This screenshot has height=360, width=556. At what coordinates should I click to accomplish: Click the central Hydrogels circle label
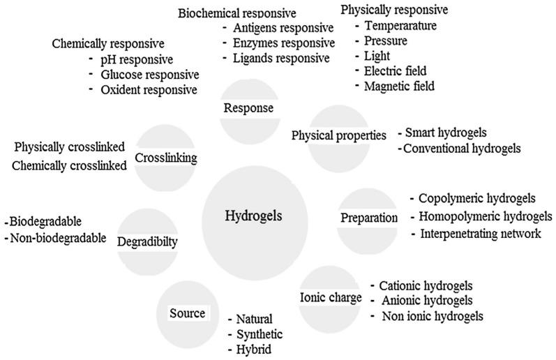tap(254, 216)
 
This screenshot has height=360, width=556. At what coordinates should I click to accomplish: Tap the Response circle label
tap(248, 108)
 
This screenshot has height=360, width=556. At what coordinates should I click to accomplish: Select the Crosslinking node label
tap(166, 158)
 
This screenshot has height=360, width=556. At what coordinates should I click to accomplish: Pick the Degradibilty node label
tap(148, 242)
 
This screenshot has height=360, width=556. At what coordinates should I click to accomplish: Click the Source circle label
tap(187, 313)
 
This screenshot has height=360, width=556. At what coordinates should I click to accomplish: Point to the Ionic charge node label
tap(331, 298)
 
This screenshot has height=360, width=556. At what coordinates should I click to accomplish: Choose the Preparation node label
tap(368, 218)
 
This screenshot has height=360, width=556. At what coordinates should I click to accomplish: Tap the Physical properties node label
tap(338, 135)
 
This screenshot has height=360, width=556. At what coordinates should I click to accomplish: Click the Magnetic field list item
tap(400, 87)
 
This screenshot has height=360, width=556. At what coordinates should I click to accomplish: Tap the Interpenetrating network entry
tap(480, 233)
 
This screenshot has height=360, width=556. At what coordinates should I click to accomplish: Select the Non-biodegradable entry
tap(55, 238)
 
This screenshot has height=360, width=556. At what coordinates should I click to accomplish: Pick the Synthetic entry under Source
tap(260, 334)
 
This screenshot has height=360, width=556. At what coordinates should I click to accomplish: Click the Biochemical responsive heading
tap(236, 13)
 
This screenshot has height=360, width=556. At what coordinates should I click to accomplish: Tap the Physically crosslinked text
tap(70, 147)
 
